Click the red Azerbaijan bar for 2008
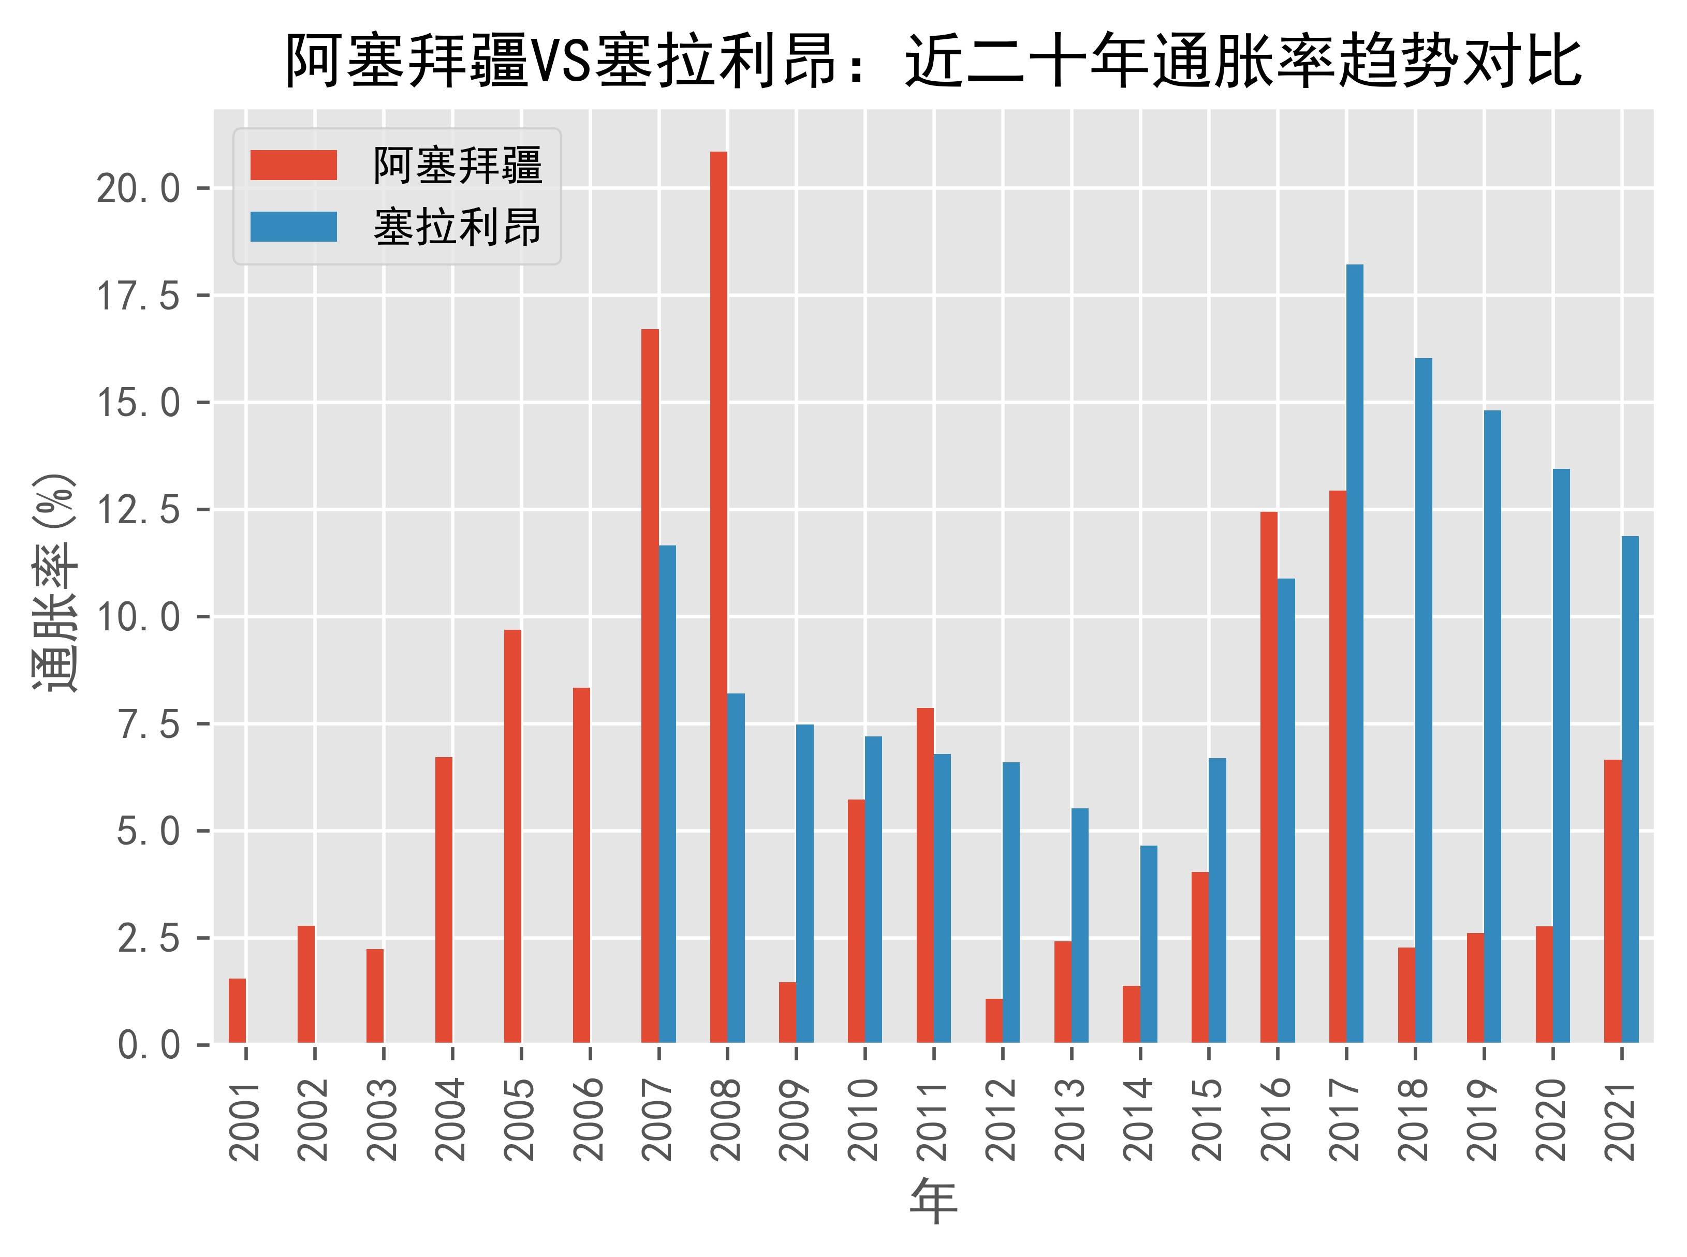(718, 597)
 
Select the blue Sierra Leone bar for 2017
(1355, 654)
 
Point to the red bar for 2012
(994, 1021)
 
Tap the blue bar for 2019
(1492, 727)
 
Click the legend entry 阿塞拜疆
(457, 165)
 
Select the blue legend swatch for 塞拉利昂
(293, 227)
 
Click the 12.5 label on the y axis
(139, 510)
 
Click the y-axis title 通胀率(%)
(55, 582)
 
